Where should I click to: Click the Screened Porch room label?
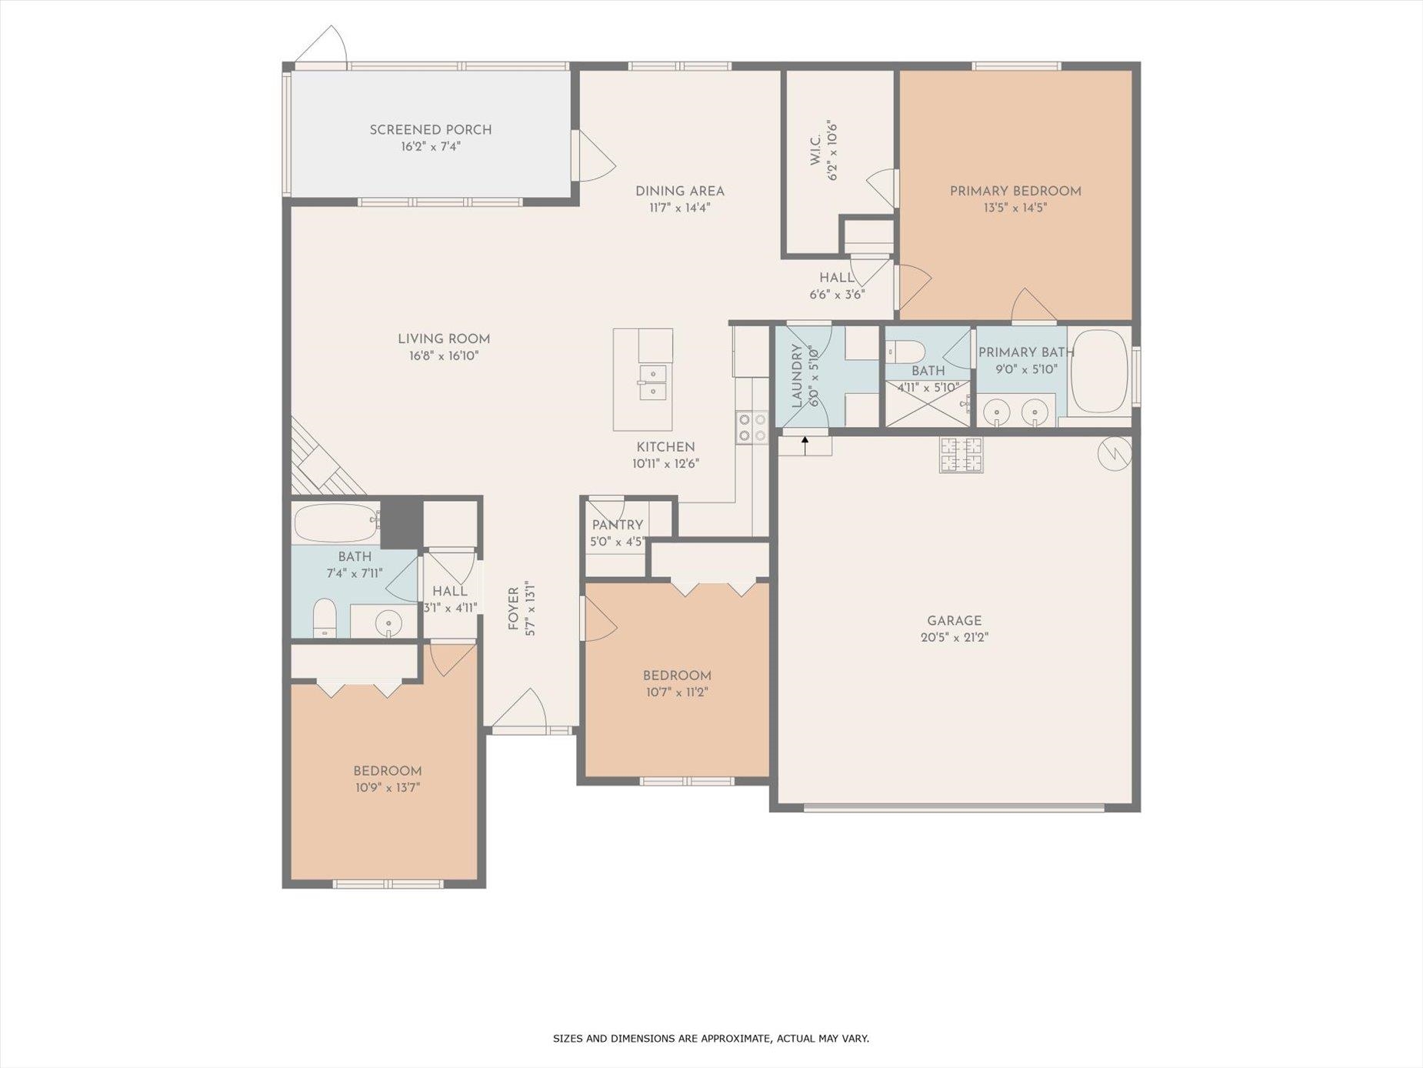coord(431,130)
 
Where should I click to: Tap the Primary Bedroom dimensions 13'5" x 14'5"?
coord(1015,208)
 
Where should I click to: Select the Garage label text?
coord(955,621)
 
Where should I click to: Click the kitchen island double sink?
coord(652,382)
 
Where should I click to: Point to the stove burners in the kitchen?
coord(751,428)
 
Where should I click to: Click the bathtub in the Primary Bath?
coord(1099,372)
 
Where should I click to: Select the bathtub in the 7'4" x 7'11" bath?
coord(336,522)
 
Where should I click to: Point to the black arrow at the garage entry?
coord(805,445)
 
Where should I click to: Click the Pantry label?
coord(618,526)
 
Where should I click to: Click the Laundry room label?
coord(797,375)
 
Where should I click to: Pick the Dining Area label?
coord(680,192)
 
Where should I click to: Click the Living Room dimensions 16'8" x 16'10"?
coord(444,356)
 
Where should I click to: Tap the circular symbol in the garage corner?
coord(1115,454)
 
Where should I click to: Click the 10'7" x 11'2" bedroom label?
coord(677,676)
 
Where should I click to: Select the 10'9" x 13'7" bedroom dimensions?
coord(387,788)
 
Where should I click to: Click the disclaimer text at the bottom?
coord(711,1039)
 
